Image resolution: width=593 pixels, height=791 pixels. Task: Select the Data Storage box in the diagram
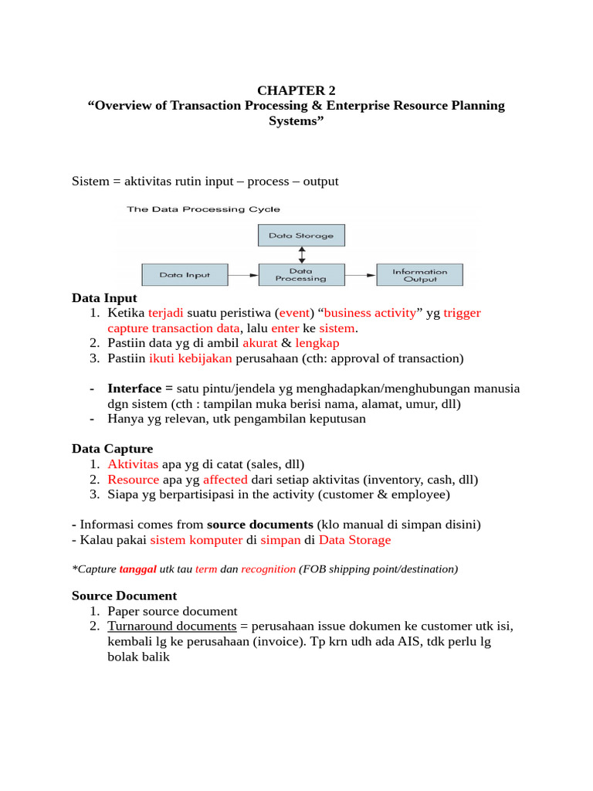[x=300, y=236]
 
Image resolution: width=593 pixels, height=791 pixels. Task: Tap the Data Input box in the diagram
[x=186, y=274]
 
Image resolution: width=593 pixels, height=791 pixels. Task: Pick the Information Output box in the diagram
[x=419, y=274]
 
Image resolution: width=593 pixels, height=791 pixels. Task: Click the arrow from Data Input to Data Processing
[x=244, y=274]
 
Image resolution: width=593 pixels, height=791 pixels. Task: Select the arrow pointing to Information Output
[x=360, y=274]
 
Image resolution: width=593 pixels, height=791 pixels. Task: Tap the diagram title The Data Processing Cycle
[x=204, y=209]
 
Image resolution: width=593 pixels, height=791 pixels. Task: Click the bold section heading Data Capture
[x=112, y=449]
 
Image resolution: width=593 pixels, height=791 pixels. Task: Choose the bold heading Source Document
[x=124, y=596]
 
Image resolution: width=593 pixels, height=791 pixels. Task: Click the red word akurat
[x=259, y=343]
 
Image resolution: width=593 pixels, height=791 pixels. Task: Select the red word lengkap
[x=317, y=343]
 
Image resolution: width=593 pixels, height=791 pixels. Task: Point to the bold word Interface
[x=134, y=388]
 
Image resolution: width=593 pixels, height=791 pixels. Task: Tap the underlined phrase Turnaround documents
[x=172, y=626]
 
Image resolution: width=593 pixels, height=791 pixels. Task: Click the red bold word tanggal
[x=137, y=569]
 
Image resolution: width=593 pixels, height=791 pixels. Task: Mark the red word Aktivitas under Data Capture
[x=133, y=464]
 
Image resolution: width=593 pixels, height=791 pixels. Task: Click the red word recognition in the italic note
[x=268, y=569]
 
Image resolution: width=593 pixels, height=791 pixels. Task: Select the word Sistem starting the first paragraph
[x=90, y=182]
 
